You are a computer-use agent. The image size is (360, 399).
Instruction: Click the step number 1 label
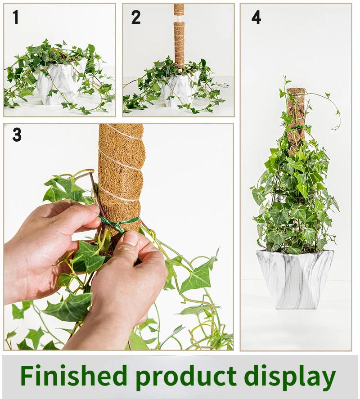click(16, 17)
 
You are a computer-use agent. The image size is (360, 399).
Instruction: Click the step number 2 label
click(135, 17)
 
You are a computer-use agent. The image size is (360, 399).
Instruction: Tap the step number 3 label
click(17, 134)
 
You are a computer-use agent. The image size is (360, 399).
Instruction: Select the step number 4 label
click(256, 17)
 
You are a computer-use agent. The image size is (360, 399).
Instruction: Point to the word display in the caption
click(290, 376)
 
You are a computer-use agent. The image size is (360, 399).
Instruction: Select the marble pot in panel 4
click(295, 278)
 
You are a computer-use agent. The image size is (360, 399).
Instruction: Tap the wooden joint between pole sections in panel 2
click(179, 18)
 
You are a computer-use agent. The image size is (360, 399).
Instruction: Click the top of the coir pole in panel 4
click(296, 91)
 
